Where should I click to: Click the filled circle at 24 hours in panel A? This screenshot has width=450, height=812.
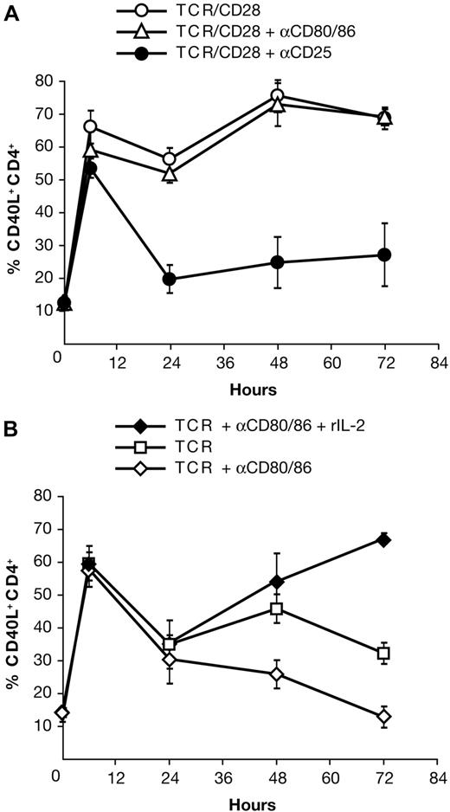click(x=170, y=279)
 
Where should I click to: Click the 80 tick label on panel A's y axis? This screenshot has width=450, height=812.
click(x=40, y=81)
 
